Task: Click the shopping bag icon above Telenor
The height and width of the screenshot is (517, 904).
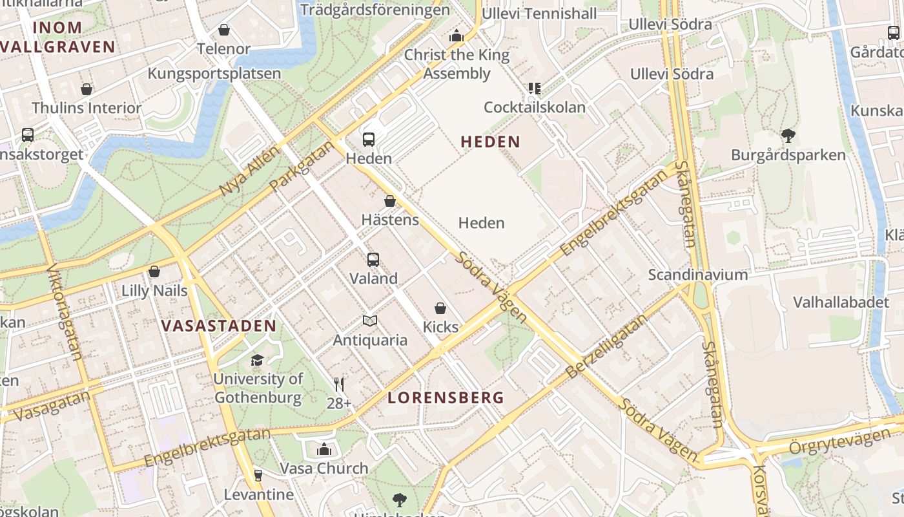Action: click(224, 30)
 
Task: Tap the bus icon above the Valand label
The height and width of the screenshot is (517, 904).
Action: click(373, 260)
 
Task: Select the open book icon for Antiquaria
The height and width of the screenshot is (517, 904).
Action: click(370, 321)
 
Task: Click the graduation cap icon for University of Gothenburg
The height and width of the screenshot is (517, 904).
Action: click(258, 360)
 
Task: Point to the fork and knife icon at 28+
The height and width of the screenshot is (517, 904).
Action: click(339, 385)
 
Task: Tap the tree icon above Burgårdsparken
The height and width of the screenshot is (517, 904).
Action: click(788, 136)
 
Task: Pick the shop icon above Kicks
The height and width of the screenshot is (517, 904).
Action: click(440, 308)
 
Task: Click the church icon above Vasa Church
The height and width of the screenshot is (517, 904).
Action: click(324, 449)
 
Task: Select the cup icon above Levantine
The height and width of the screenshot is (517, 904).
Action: click(258, 476)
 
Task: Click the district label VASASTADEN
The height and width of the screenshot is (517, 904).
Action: click(219, 326)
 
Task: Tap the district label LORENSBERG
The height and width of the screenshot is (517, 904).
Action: click(446, 398)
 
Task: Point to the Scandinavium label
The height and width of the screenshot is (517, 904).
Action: click(698, 275)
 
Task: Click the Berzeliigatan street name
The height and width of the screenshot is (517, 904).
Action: click(606, 347)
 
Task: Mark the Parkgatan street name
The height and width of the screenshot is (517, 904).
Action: click(302, 166)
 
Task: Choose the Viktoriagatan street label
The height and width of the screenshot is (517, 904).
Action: click(65, 311)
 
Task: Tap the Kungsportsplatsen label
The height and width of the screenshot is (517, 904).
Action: click(214, 74)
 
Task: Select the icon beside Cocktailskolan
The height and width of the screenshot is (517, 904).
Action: click(534, 88)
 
